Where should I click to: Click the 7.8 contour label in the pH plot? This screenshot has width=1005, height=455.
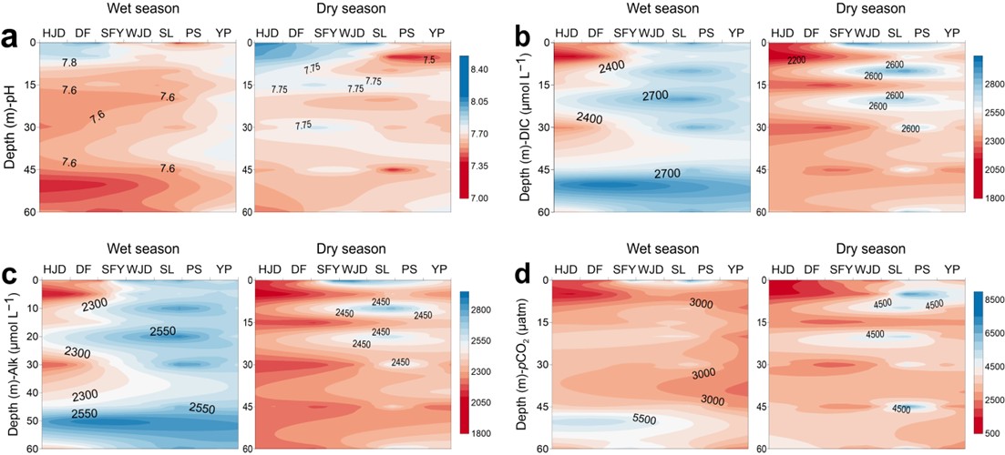pos(70,63)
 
